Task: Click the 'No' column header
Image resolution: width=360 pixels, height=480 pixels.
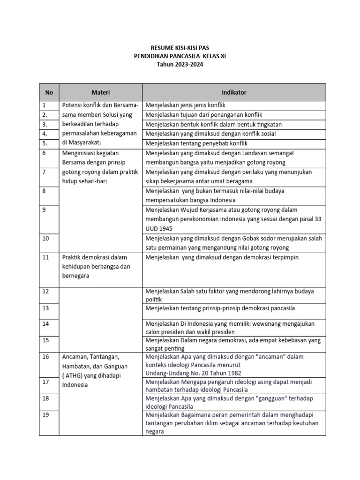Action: (x=49, y=92)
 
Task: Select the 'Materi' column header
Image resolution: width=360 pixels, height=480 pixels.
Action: (x=100, y=92)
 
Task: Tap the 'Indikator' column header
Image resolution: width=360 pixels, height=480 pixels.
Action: (x=234, y=92)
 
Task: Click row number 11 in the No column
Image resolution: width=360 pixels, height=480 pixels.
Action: (x=45, y=257)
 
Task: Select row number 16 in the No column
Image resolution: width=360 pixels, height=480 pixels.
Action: (x=45, y=357)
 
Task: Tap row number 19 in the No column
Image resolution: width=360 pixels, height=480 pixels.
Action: (x=45, y=415)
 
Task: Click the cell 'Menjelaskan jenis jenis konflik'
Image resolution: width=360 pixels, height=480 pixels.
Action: (x=186, y=105)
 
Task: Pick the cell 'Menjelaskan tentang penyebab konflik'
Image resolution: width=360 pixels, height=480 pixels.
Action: (x=196, y=143)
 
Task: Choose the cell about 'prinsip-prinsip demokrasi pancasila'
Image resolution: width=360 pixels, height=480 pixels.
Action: (x=220, y=308)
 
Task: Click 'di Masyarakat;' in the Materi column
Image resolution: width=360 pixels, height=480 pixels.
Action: (x=81, y=143)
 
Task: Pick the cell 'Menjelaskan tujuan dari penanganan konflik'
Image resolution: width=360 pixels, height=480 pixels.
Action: (x=204, y=115)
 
